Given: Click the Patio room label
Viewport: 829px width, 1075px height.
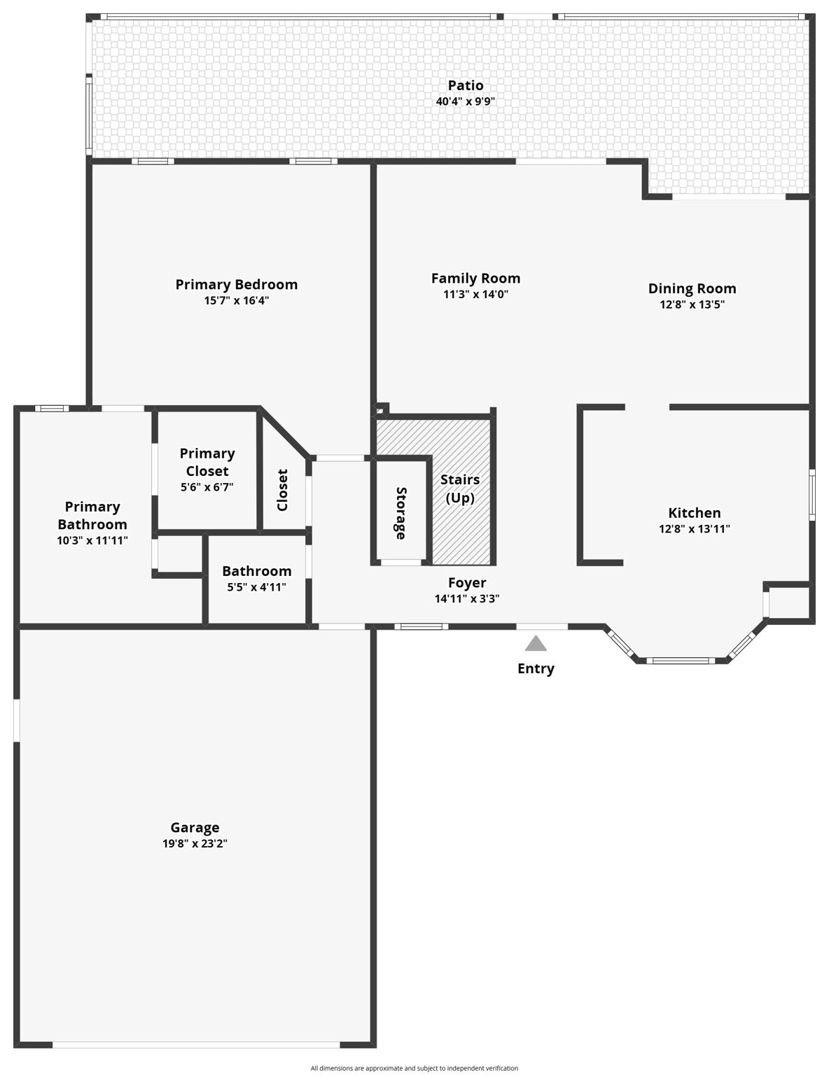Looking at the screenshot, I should point(466,85).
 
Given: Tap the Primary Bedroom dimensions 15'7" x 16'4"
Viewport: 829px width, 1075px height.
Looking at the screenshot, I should point(237,301).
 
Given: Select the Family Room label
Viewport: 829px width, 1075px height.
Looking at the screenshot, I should point(475,279).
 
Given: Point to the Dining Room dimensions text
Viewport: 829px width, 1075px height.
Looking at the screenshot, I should point(692,304).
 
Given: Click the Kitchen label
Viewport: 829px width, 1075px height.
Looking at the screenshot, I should point(694,513).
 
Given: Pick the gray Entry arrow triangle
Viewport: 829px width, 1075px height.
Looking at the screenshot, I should point(536,643).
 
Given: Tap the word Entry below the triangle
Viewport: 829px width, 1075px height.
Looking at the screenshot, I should point(536,668).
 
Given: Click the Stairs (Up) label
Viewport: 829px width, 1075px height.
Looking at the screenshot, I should point(460,489).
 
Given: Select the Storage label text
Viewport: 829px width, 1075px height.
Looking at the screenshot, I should point(400,513).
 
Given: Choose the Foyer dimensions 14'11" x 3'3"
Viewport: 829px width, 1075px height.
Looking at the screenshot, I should point(467,599).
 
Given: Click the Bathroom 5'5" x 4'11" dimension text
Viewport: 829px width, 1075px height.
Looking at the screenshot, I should point(256,587).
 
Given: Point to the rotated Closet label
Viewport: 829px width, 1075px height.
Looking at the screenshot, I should point(283,490).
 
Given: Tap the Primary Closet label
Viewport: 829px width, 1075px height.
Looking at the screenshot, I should point(207,462).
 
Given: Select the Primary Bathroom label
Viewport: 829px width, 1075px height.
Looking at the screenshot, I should point(92,515).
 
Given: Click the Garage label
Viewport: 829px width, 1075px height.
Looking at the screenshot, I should point(195,828).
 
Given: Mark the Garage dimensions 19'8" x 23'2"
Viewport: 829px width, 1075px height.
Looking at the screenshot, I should point(195,844).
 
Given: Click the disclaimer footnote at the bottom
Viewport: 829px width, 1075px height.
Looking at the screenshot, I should point(415,1068).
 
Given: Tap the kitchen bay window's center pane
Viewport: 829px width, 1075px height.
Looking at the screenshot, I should point(680,660).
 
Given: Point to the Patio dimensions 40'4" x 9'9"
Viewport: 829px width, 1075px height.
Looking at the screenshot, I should point(466,101).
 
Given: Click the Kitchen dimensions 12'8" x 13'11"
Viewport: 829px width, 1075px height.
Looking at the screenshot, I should point(694,529).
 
